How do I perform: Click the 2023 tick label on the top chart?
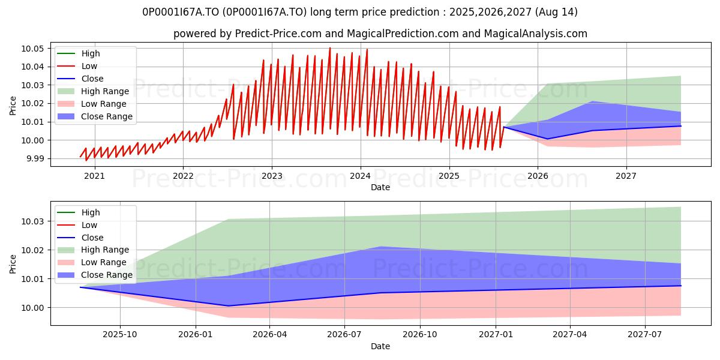click(272, 176)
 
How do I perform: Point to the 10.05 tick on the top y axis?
click(32, 49)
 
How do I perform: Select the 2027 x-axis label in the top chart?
click(626, 176)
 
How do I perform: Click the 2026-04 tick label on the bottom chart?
click(269, 335)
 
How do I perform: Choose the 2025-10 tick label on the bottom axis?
click(120, 335)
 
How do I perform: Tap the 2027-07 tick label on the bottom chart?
click(645, 335)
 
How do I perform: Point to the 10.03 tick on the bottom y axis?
click(32, 221)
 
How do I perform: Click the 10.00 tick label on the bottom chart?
click(32, 308)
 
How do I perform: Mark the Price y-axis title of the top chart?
click(13, 106)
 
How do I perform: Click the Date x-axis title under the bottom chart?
click(380, 346)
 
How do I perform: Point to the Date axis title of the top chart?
click(380, 187)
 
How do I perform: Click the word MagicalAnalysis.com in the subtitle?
click(535, 34)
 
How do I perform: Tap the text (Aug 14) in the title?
click(556, 12)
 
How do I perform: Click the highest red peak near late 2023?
click(330, 48)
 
